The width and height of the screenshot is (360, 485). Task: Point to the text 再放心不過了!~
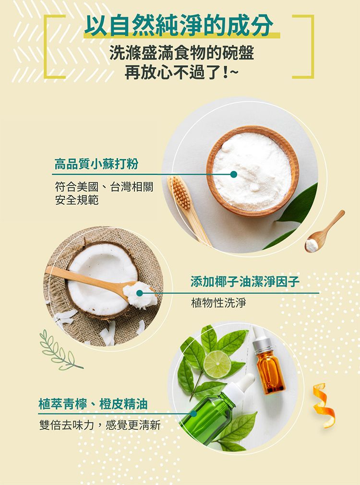[180, 73]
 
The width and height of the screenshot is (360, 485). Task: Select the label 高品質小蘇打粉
[96, 164]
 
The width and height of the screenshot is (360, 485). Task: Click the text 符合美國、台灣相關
[104, 187]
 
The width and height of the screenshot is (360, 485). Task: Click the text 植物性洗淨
[218, 303]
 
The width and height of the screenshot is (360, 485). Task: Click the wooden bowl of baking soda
[252, 170]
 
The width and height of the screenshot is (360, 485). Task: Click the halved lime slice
[217, 364]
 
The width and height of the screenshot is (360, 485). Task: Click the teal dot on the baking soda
[233, 174]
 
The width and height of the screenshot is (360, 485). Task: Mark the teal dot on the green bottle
[193, 413]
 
